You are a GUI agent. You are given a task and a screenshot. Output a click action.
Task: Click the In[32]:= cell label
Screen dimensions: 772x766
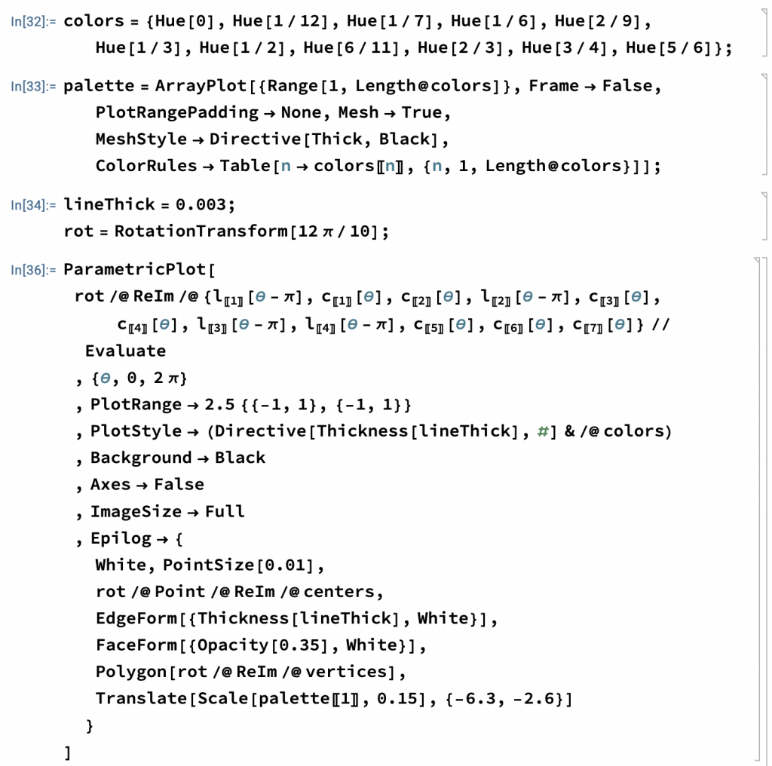(33, 22)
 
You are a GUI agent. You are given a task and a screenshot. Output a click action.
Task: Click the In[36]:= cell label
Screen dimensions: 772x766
(33, 270)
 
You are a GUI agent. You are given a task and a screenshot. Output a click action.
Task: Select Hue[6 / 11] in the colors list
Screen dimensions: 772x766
(351, 47)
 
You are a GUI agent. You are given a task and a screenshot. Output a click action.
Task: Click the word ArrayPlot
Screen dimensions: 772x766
(201, 86)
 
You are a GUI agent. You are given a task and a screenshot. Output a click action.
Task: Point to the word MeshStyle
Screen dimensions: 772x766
(141, 139)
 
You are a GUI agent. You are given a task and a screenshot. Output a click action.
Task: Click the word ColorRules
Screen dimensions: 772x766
(146, 166)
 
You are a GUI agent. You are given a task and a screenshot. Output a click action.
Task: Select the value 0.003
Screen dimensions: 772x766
(201, 204)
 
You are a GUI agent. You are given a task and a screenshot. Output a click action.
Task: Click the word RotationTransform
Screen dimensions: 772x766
(201, 231)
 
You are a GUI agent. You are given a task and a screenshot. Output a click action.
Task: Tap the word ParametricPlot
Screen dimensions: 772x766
(134, 269)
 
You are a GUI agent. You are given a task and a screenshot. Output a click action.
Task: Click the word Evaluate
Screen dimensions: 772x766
(126, 351)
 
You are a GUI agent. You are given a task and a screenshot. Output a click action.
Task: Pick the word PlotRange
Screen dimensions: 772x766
(136, 405)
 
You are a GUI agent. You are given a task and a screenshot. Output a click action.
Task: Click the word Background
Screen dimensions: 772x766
(141, 458)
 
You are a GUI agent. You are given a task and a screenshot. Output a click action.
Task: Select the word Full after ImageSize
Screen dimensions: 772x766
(225, 511)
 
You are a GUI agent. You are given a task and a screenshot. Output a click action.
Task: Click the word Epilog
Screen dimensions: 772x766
(121, 538)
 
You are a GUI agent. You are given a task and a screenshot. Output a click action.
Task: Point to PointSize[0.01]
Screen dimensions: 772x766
(238, 565)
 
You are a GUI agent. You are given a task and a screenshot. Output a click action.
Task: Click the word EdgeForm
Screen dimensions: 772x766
(136, 618)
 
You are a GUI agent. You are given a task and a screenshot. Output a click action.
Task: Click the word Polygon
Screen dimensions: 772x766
(131, 672)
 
